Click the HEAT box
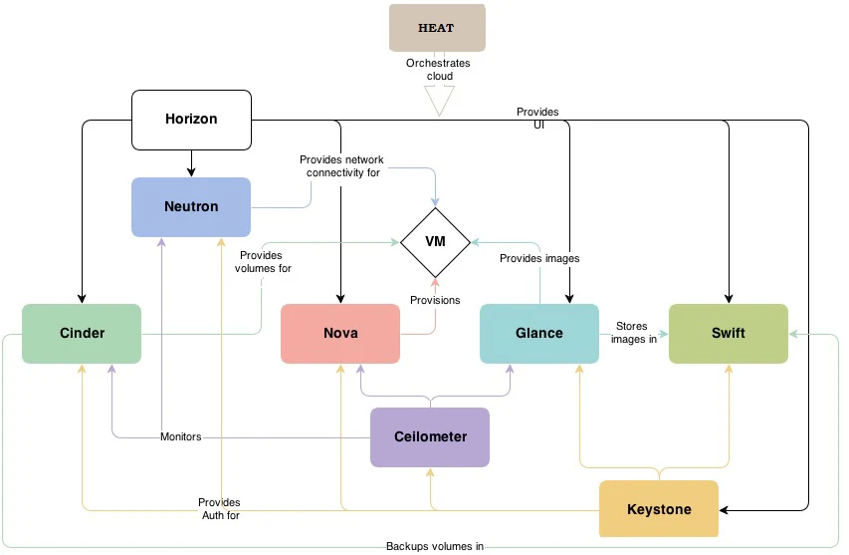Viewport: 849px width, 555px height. point(437,28)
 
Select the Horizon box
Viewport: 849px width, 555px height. point(191,120)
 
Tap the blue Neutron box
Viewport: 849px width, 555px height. point(191,207)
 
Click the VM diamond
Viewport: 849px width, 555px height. point(435,242)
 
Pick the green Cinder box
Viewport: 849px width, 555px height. point(82,334)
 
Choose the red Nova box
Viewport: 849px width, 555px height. point(340,334)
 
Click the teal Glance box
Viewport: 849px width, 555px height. point(539,334)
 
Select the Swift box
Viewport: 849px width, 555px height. point(729,334)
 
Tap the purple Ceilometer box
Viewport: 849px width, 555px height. point(430,437)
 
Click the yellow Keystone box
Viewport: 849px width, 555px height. point(659,509)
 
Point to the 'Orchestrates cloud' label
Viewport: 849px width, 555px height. point(438,70)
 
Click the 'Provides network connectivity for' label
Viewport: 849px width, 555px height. point(341,165)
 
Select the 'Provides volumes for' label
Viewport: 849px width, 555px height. point(263,262)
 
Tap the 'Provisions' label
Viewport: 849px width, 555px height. point(435,300)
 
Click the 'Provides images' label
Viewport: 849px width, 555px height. point(539,258)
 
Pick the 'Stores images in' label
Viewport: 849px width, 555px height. point(633,333)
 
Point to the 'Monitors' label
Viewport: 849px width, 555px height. point(181,436)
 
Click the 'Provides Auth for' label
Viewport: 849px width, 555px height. point(220,509)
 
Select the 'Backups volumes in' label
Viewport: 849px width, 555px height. point(435,546)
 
